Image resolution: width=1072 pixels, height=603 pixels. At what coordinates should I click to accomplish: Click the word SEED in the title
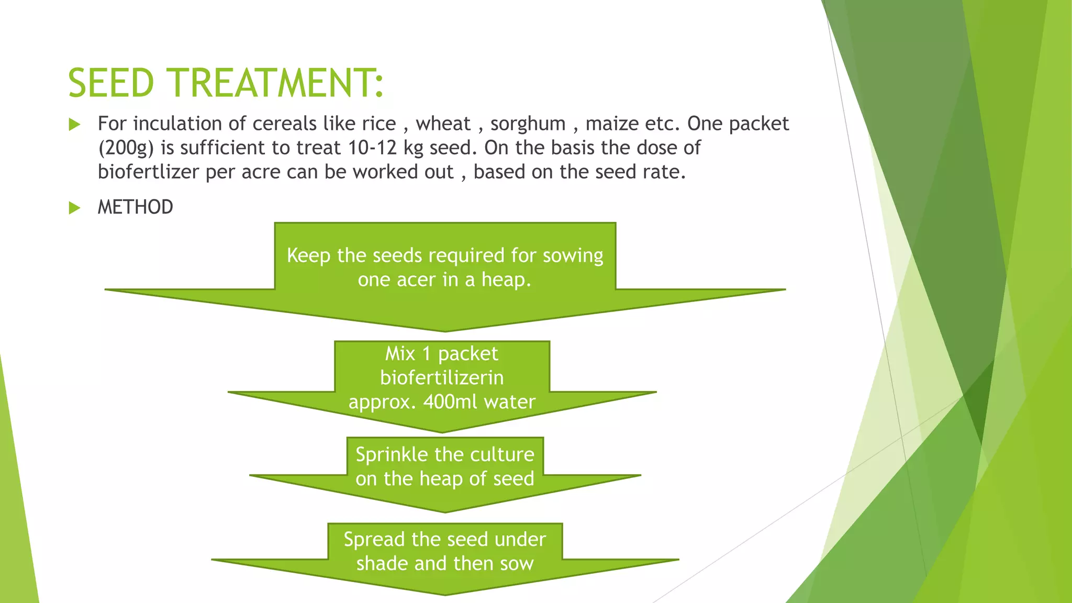click(111, 83)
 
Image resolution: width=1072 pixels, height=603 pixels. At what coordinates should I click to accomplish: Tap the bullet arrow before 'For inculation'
click(74, 125)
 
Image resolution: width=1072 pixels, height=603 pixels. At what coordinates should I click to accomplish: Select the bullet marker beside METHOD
click(74, 208)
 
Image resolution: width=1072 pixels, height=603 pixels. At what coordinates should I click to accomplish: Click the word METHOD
click(135, 207)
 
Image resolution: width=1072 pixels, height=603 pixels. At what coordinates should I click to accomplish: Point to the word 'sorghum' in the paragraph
click(528, 124)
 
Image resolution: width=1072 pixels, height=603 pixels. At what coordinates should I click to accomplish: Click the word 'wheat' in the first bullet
click(443, 124)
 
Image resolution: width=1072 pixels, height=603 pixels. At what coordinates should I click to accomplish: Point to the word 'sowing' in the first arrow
click(573, 256)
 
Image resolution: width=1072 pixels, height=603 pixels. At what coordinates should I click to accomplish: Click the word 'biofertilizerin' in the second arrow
click(442, 378)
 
